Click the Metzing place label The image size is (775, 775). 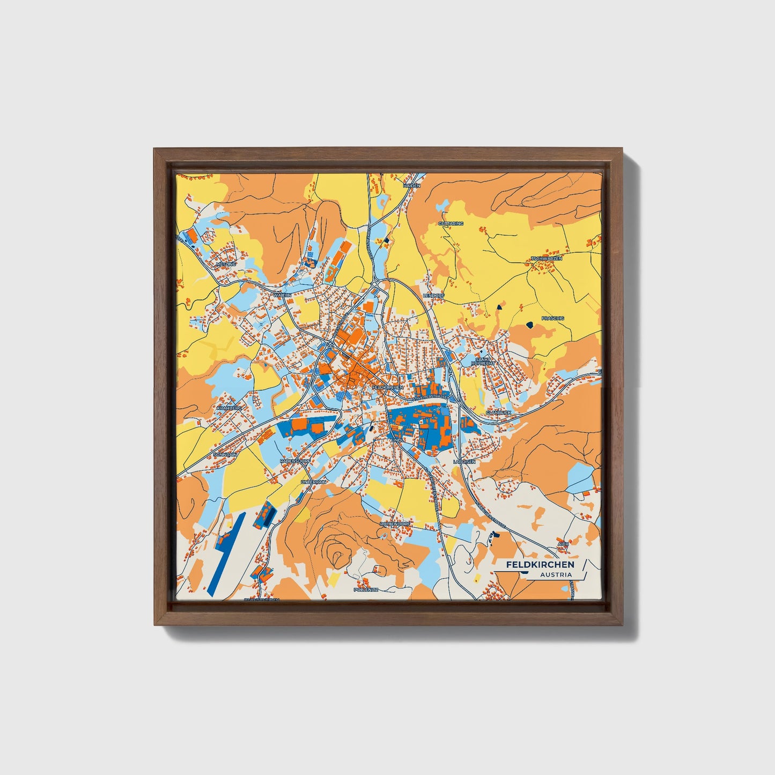tap(225, 264)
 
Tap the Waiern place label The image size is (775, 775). tap(282, 295)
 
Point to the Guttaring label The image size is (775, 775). tap(451, 223)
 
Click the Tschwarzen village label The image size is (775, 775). tap(547, 259)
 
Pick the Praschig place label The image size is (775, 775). tap(553, 318)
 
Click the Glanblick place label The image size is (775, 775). tap(498, 412)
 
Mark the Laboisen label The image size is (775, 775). tap(464, 461)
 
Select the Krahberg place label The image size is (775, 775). tap(230, 408)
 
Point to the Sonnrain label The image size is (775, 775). tap(225, 454)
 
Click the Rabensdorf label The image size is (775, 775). tap(296, 460)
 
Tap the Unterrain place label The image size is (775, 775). tap(313, 482)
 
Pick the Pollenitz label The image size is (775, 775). tap(366, 589)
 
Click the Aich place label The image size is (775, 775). tap(563, 543)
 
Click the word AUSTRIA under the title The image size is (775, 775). tap(556, 575)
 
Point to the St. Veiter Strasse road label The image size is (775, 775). tap(429, 397)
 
